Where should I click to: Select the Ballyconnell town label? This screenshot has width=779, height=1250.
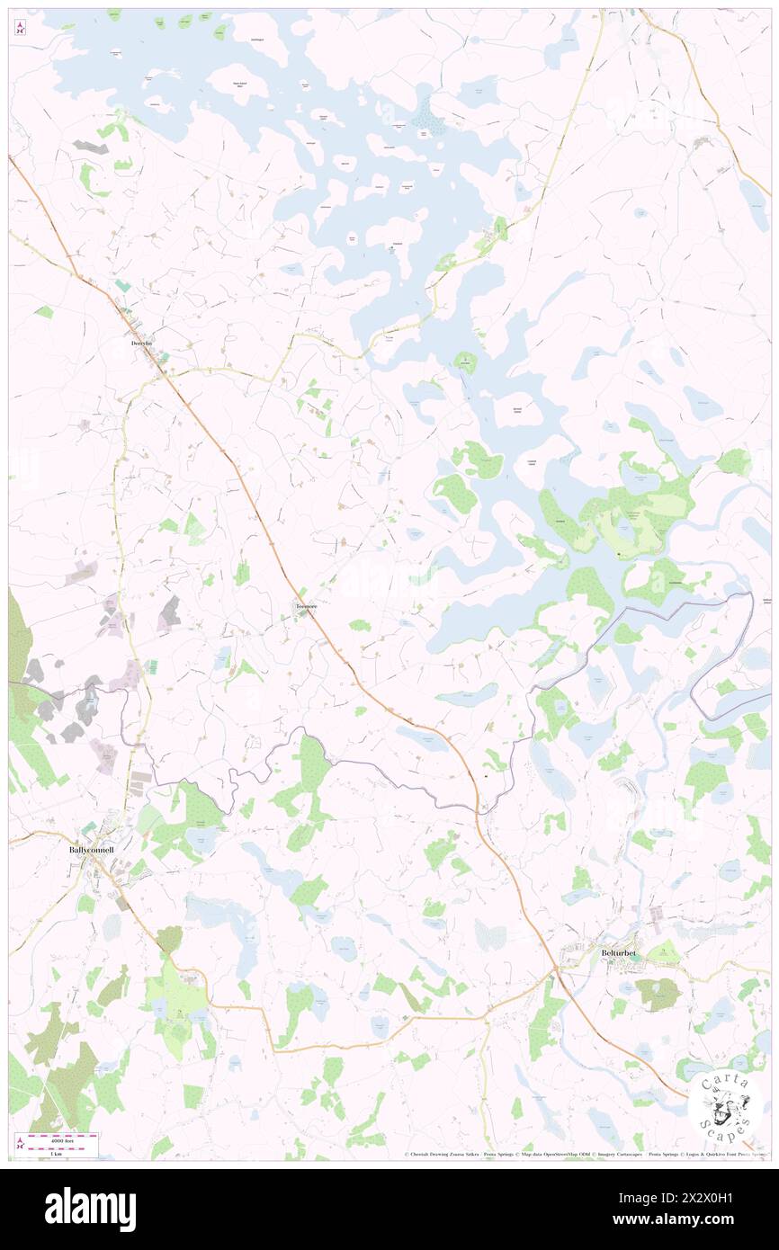tap(91, 848)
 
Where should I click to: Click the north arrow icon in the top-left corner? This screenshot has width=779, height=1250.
tap(20, 29)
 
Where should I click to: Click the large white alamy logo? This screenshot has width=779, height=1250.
tap(90, 1209)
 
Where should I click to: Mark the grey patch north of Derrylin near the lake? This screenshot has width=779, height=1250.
tap(91, 146)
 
